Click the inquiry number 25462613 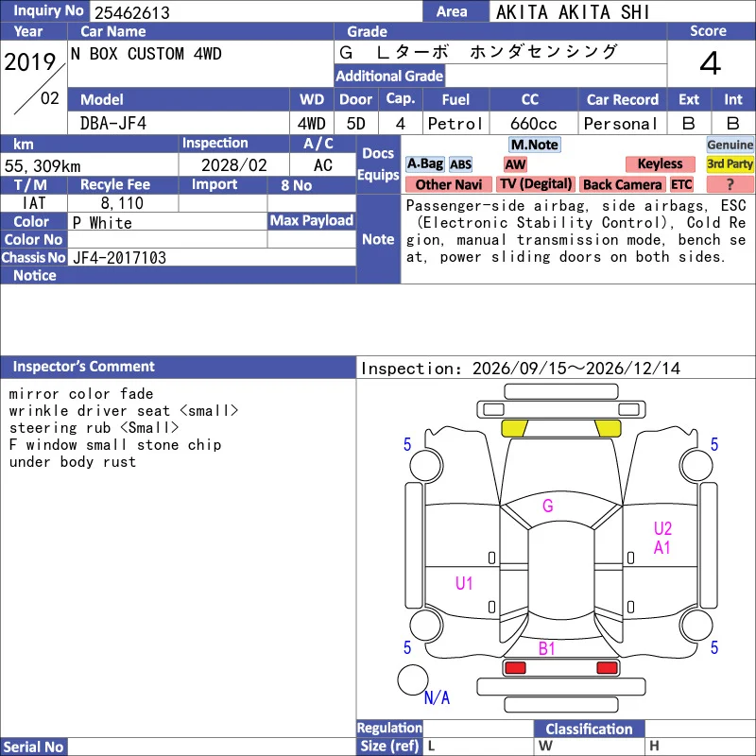pos(132,12)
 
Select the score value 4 pos(710,63)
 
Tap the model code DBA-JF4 pos(113,124)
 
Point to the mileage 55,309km pos(43,166)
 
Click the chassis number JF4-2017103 pos(120,257)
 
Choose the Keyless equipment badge pos(660,163)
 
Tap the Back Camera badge pos(622,184)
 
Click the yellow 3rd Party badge pos(730,163)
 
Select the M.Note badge pos(535,145)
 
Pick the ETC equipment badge pos(681,184)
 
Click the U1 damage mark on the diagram pos(464,583)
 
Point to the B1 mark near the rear pos(547,648)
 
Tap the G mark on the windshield pos(548,506)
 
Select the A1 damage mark pos(662,548)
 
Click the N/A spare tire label pos(437,697)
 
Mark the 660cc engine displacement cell pos(534,124)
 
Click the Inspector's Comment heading pos(84,367)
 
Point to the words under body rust pos(73,462)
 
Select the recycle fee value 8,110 pos(122,203)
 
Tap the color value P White pos(102,223)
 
